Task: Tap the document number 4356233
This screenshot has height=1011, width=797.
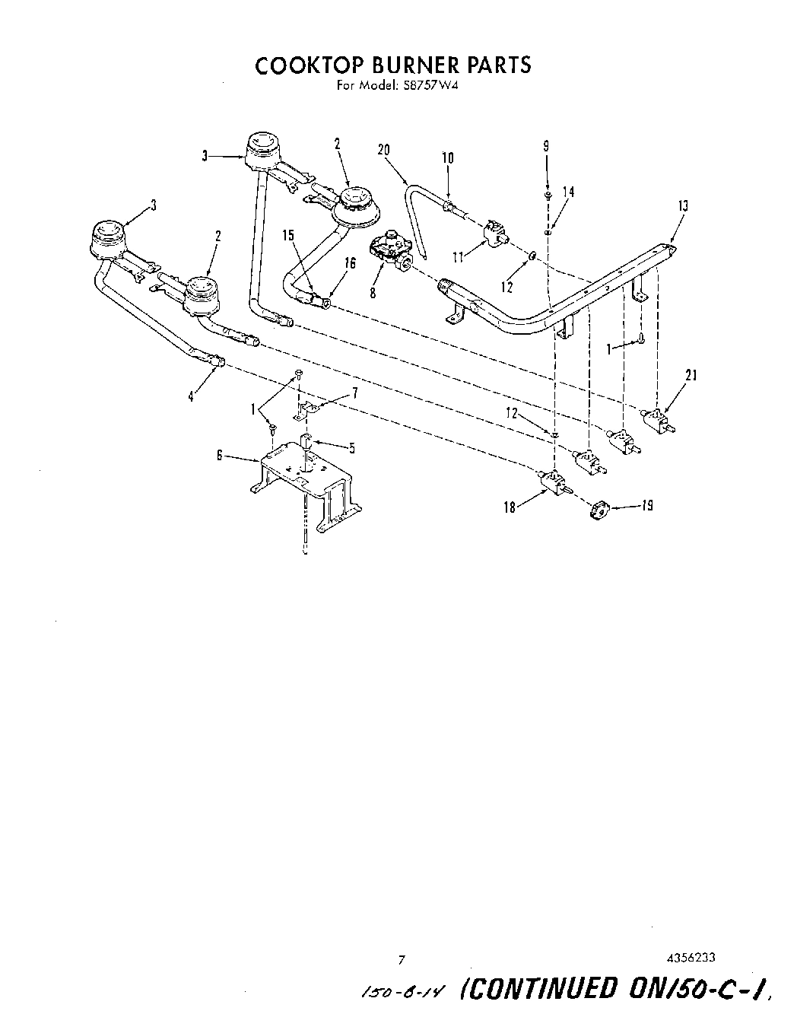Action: [689, 959]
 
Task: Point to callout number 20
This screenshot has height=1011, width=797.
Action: [384, 150]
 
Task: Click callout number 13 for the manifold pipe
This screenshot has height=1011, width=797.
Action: [682, 205]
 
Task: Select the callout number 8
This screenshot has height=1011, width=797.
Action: [373, 292]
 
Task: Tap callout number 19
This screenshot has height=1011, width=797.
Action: [646, 505]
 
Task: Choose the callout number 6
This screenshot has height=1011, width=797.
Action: [221, 456]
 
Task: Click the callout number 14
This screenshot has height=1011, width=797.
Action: [568, 192]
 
